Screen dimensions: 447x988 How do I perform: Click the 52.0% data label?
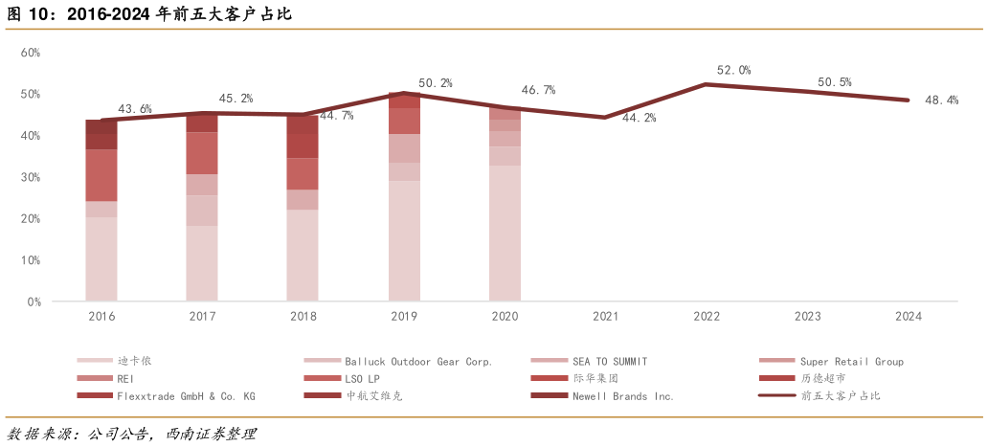(733, 70)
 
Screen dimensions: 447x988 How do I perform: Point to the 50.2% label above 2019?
(435, 83)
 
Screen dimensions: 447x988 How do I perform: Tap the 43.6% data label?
(135, 109)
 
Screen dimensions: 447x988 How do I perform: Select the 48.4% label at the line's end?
(941, 100)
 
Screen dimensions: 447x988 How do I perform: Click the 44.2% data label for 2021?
(639, 119)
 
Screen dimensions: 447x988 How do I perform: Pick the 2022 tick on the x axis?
(707, 316)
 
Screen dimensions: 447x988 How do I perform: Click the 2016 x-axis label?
(101, 316)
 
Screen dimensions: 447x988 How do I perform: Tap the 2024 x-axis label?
(909, 316)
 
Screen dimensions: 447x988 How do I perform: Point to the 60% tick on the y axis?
(31, 53)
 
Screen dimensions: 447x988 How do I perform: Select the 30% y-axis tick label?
(31, 177)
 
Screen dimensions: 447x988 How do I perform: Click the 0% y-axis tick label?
(34, 302)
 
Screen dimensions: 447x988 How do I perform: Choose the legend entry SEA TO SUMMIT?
(609, 362)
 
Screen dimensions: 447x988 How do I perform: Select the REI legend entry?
(126, 379)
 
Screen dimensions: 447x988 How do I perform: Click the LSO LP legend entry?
(365, 379)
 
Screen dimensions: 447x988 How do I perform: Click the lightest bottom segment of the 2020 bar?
(505, 233)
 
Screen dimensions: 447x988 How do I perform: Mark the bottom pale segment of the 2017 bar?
(202, 263)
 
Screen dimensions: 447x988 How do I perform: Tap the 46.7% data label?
(538, 90)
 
